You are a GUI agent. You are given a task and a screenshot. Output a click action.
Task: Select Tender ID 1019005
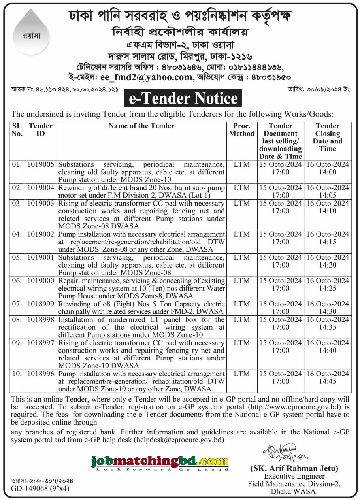[41, 164]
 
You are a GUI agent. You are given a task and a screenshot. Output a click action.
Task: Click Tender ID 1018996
[41, 374]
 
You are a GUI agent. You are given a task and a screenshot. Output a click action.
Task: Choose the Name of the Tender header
[141, 126]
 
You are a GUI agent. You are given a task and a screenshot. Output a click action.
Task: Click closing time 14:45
[328, 381]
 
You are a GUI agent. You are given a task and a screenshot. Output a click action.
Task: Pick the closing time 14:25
[328, 289]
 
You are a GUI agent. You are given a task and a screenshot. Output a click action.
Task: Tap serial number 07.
[17, 304]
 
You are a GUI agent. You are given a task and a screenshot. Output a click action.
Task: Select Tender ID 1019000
[41, 281]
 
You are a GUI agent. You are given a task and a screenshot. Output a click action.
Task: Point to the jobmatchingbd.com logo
[160, 462]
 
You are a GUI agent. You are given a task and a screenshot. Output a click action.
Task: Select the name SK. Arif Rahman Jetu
[294, 469]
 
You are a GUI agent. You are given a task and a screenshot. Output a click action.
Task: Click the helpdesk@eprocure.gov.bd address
[179, 440]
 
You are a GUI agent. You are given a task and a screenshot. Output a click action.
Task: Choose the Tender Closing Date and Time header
[328, 137]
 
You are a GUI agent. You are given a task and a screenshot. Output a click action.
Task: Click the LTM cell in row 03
[241, 203]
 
